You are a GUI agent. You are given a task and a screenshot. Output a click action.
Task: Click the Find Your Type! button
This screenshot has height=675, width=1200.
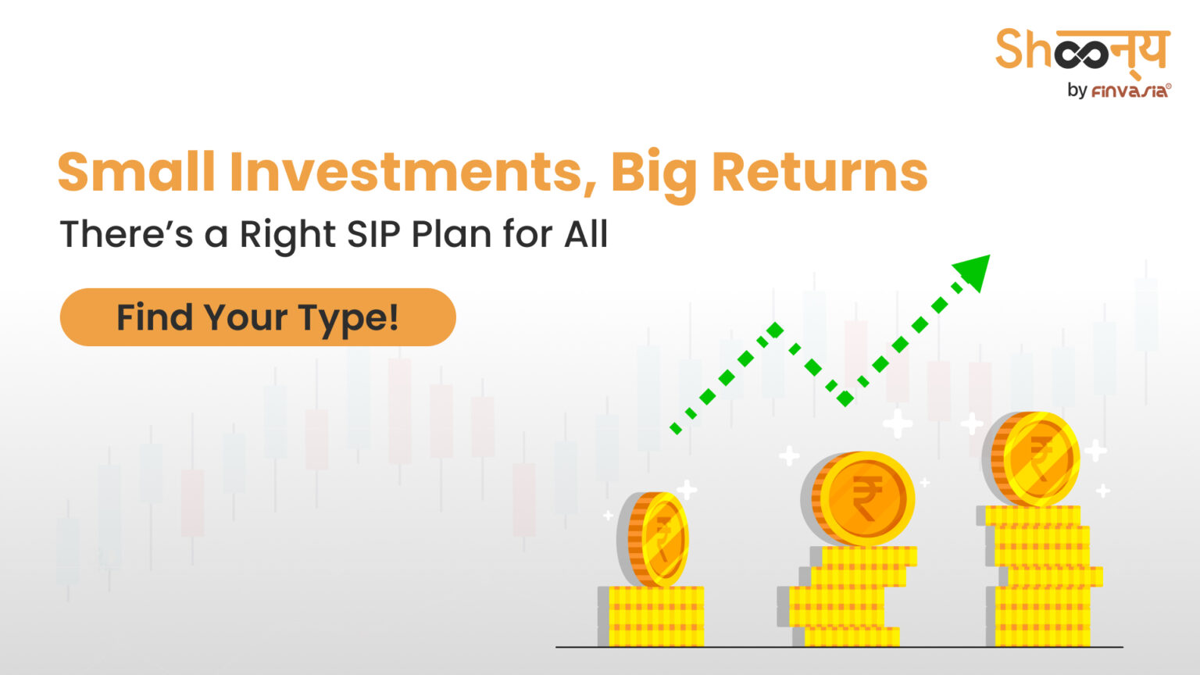[257, 317]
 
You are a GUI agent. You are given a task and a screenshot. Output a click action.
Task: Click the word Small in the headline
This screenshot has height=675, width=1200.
[136, 173]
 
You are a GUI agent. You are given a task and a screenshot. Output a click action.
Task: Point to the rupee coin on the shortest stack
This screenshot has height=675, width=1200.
[655, 539]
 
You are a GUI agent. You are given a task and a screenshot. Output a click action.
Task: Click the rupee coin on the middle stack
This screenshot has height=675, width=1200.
[863, 498]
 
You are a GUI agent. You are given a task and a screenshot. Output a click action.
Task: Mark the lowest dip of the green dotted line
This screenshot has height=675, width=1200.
[845, 399]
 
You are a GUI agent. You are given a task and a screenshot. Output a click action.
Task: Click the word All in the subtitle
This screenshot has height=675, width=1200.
[586, 234]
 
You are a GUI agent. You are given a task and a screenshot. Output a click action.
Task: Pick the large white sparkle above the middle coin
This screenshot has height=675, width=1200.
[898, 423]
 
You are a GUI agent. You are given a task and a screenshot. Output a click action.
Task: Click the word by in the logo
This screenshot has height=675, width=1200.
[1077, 91]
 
